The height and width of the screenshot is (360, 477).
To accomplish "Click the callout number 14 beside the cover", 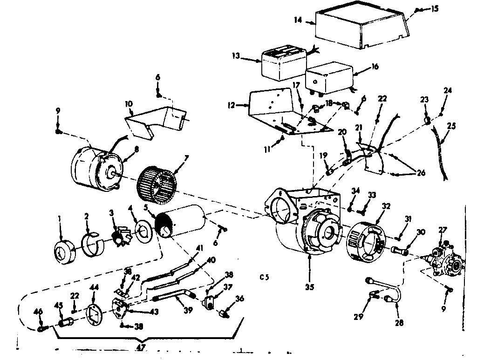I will point(298,20).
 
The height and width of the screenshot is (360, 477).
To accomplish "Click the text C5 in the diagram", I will point(265,278).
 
